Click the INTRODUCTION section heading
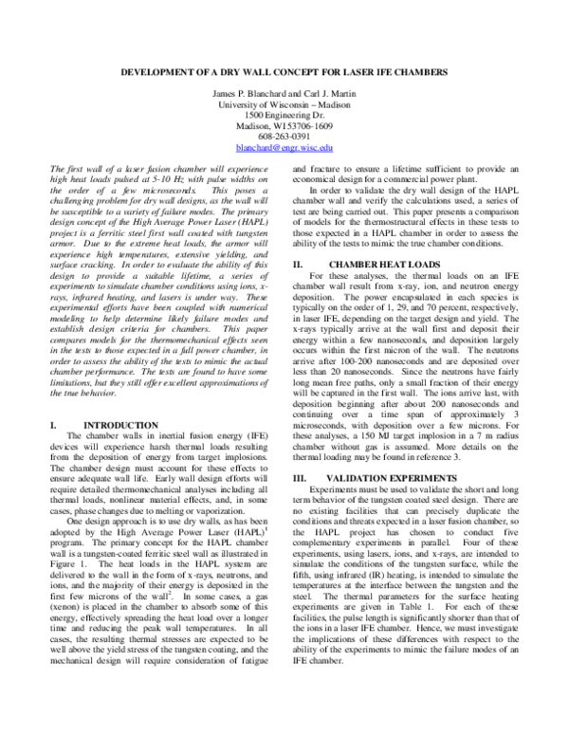coord(122,426)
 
